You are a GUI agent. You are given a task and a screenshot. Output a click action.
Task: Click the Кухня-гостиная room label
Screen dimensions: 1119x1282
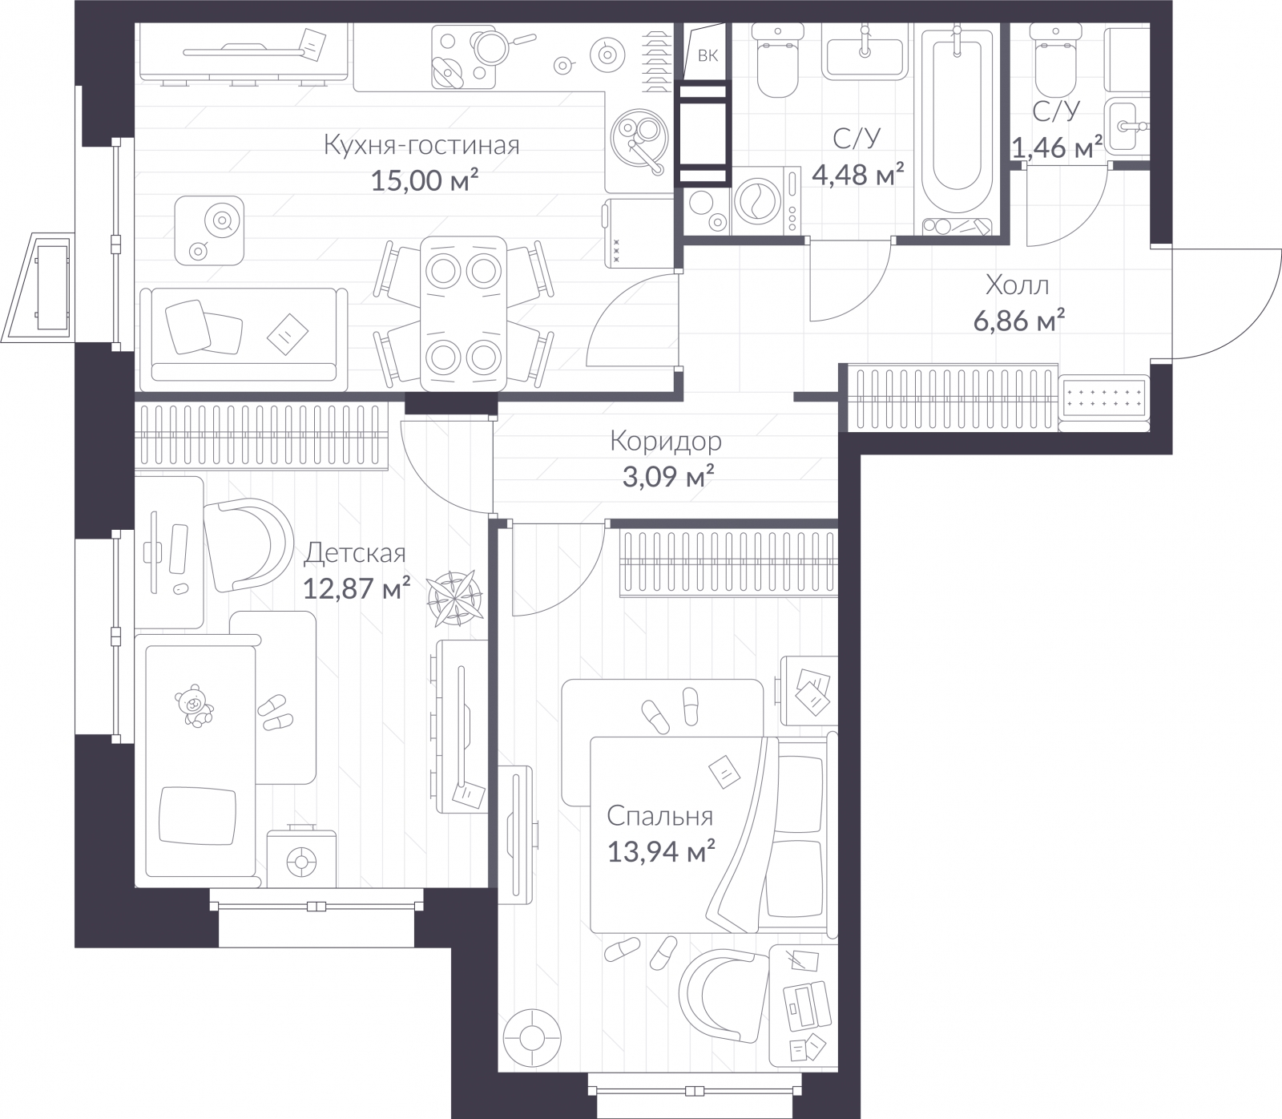[421, 145]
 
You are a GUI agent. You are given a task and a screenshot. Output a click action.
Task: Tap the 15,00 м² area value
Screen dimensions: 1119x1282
[424, 180]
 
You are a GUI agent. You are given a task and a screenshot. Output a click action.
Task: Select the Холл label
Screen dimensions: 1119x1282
[1017, 285]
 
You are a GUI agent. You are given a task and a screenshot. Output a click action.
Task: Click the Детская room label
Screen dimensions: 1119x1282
[356, 553]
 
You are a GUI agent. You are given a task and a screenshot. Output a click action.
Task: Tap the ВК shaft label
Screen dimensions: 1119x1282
[708, 55]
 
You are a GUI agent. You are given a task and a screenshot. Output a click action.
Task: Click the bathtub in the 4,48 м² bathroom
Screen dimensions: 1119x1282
[957, 120]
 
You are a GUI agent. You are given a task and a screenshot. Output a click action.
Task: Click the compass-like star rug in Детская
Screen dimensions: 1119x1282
[454, 597]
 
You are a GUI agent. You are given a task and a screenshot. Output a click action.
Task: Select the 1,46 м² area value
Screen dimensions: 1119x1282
[1056, 147]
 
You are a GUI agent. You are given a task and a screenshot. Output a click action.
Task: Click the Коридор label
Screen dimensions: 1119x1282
[665, 441]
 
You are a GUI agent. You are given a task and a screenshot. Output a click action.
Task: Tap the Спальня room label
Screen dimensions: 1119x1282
[659, 816]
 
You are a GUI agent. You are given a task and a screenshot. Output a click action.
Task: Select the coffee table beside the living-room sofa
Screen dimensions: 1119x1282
[209, 230]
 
